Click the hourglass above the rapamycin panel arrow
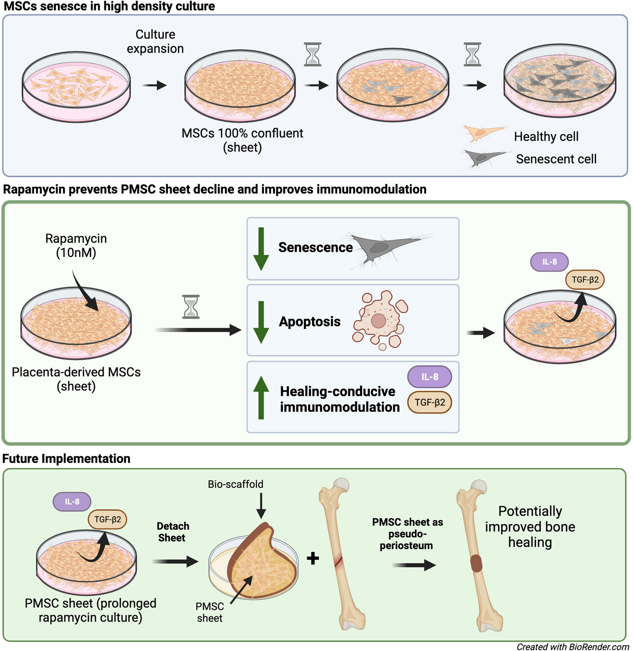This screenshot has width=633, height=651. pos(191,307)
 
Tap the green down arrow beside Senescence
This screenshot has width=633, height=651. pos(261,249)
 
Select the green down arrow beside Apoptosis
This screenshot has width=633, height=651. pos(261,322)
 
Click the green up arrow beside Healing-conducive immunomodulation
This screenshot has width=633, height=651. pos(261,397)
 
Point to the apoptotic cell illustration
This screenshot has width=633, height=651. pos(380,320)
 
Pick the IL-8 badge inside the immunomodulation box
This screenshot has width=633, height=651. pos(429,376)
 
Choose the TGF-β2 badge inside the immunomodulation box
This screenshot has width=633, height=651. pos(429,402)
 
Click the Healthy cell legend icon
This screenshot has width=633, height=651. pos(482,134)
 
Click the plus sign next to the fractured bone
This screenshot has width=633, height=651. pos(313,558)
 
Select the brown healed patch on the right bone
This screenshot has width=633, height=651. pos(476,564)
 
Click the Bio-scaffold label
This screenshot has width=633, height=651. pos(235,484)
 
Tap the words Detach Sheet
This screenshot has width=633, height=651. pos(173,532)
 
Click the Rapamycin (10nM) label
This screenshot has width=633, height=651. pos(76,245)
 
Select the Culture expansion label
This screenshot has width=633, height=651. pos(155,41)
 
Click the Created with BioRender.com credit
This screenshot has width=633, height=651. pos(573,647)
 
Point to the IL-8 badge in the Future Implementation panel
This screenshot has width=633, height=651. pos(72,501)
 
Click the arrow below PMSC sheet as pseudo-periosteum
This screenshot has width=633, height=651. pos(414,565)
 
